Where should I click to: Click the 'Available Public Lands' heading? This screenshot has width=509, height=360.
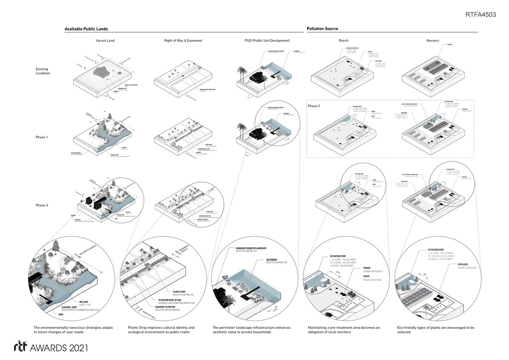(x=86, y=29)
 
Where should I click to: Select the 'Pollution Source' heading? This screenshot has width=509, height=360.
(x=322, y=29)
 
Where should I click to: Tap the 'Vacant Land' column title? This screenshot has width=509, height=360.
(x=105, y=41)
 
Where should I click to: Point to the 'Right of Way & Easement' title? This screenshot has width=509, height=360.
(x=183, y=41)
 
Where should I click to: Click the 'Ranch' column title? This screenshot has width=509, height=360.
(x=343, y=41)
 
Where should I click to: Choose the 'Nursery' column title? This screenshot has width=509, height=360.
(x=432, y=41)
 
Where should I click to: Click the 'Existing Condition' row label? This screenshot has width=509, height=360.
(x=43, y=71)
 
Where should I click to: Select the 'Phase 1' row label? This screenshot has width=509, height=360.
(x=42, y=137)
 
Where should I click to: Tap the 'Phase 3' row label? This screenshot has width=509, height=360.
(x=42, y=205)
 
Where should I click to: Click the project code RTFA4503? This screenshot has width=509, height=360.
(x=481, y=15)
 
